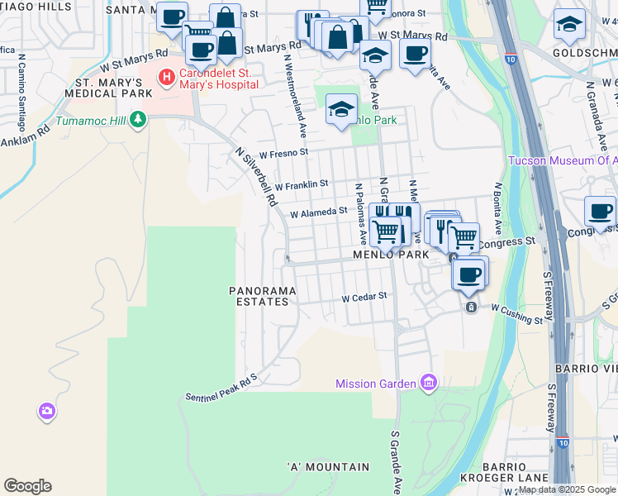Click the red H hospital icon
tap(168, 78)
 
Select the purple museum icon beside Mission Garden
tap(428, 383)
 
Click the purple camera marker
tap(47, 410)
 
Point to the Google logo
tap(27, 486)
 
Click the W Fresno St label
tap(283, 153)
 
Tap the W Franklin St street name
tap(302, 184)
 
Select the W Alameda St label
tap(318, 212)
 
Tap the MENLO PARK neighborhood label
tap(392, 255)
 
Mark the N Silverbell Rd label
tap(254, 178)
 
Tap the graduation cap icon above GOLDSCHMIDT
tap(569, 25)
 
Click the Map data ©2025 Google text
tap(566, 490)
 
